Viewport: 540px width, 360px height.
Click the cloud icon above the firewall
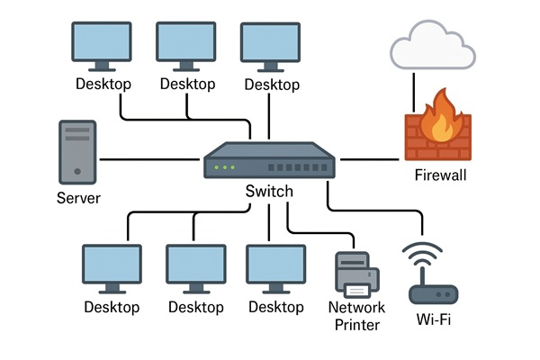pos(434,45)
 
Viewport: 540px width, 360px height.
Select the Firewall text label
pos(440,175)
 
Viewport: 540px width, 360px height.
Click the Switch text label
pos(269,192)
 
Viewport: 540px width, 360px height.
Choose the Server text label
pos(78,197)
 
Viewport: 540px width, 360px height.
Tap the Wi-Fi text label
pos(434,319)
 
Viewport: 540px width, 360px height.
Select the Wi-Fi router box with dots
pos(434,293)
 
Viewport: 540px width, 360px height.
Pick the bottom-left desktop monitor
pos(112,265)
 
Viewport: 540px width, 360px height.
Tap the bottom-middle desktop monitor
pos(195,265)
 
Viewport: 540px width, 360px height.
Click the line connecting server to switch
pos(148,160)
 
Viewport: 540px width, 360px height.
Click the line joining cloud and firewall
pos(413,87)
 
